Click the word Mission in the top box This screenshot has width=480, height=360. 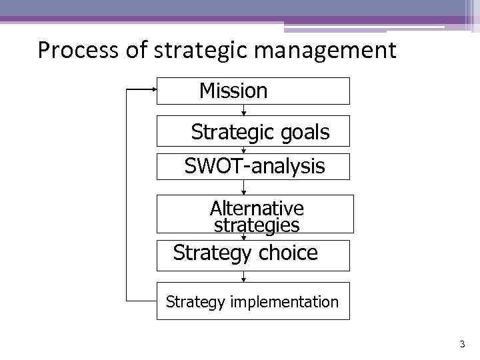(x=233, y=91)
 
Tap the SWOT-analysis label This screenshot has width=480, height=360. (x=255, y=166)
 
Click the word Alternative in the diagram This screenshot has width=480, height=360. (x=257, y=208)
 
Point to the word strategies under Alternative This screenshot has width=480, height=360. (x=257, y=225)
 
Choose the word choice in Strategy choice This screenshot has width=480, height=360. (x=288, y=253)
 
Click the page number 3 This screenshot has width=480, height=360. (x=462, y=345)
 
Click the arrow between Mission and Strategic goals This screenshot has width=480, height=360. (x=243, y=110)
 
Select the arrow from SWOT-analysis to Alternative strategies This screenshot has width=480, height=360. (x=243, y=187)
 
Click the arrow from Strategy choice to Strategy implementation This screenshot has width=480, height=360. (x=243, y=277)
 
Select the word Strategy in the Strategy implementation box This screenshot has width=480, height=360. (x=196, y=302)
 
